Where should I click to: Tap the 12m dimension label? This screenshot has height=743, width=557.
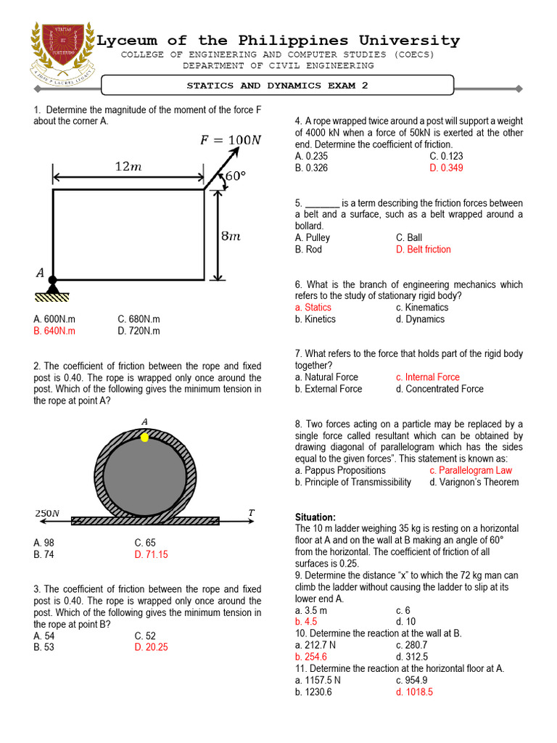(128, 167)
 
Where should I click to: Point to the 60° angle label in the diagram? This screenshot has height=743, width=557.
(235, 176)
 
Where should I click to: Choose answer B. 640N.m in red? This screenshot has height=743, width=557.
(54, 331)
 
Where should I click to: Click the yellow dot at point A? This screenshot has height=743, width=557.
(145, 438)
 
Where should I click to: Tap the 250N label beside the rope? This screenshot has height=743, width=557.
(47, 514)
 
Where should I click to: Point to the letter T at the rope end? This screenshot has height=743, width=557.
(252, 513)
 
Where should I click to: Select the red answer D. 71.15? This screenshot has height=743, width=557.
(151, 554)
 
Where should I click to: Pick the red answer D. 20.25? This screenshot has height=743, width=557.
(151, 647)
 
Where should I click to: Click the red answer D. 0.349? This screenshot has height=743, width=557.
(446, 168)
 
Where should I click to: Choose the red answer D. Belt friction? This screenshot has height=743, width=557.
(423, 249)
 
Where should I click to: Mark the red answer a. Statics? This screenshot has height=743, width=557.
(313, 307)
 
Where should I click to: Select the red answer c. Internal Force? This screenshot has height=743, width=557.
(427, 377)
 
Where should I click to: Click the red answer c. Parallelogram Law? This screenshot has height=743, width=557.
(470, 470)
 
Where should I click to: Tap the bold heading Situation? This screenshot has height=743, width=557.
(315, 517)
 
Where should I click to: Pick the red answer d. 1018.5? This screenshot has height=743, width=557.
(414, 692)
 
